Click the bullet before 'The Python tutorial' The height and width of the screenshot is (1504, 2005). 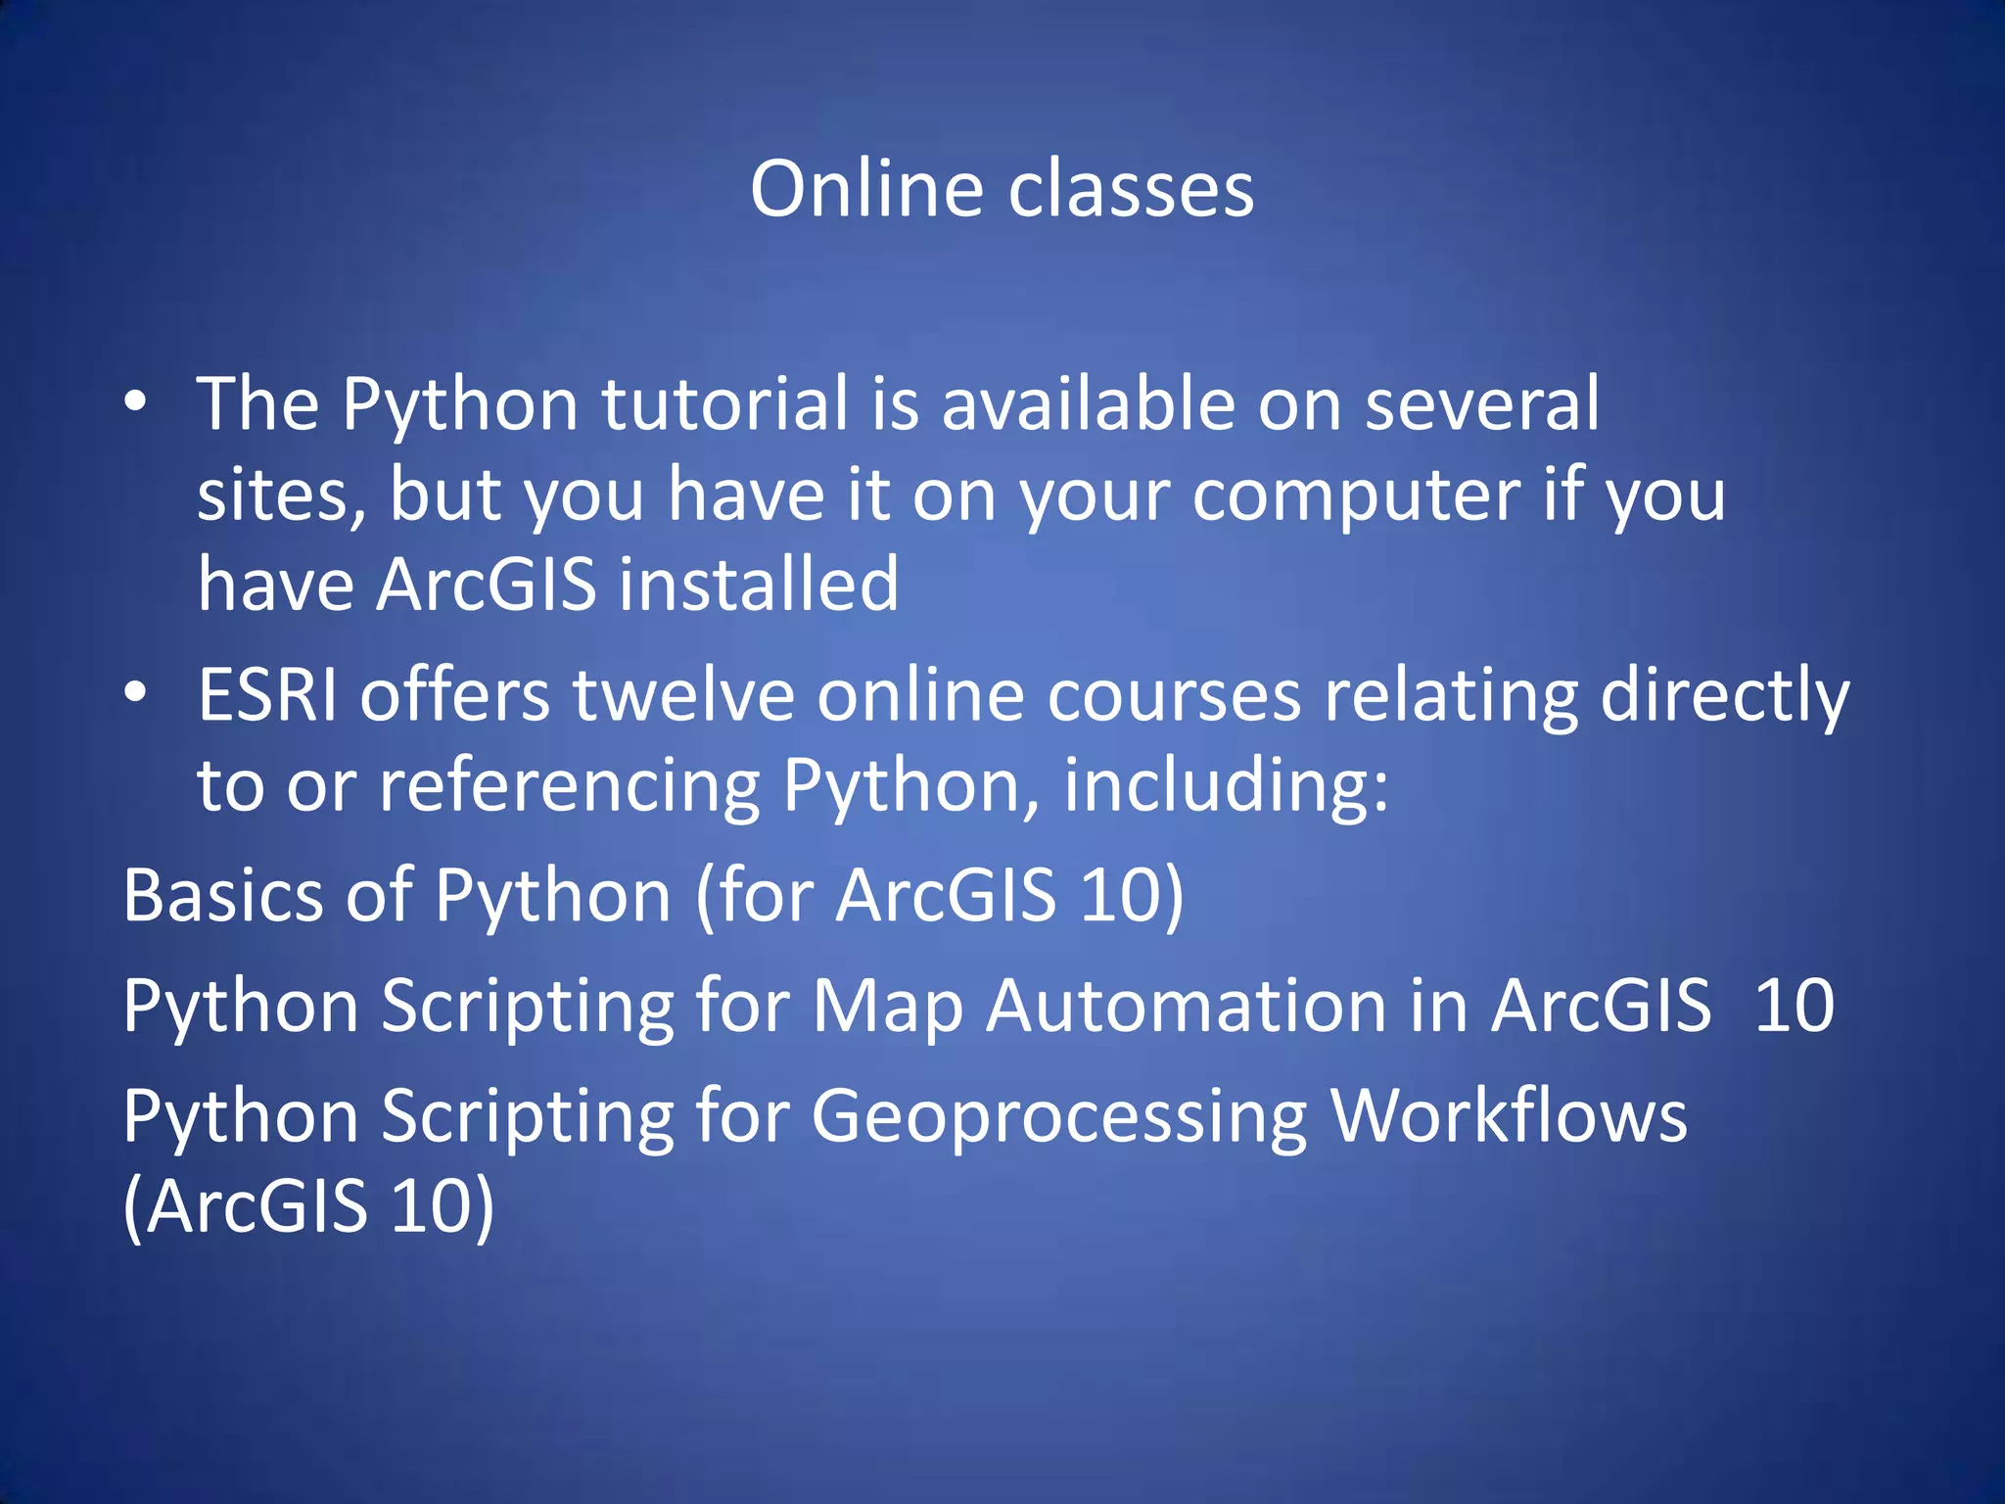pyautogui.click(x=135, y=401)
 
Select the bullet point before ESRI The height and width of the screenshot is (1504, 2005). pyautogui.click(x=135, y=692)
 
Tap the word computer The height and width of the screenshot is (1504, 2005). pyautogui.click(x=1356, y=495)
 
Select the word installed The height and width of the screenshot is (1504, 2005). pyautogui.click(x=759, y=585)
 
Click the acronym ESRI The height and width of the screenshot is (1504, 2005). pyautogui.click(x=267, y=695)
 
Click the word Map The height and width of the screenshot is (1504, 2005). pyautogui.click(x=887, y=1007)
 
